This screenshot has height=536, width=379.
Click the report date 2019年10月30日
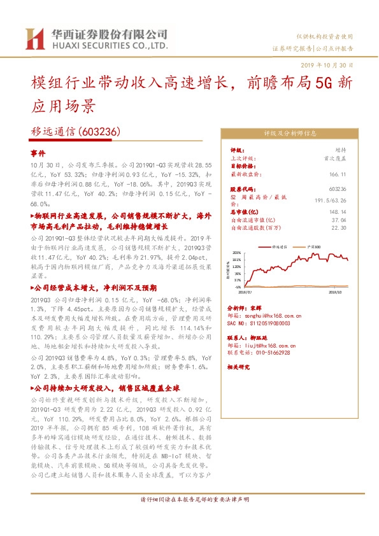pyautogui.click(x=325, y=65)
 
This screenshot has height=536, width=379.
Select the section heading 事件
pyautogui.click(x=38, y=154)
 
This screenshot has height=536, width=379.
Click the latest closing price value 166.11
pyautogui.click(x=339, y=174)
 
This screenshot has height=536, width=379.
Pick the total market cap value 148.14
pyautogui.click(x=339, y=212)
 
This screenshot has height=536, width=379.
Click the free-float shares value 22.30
pyautogui.click(x=340, y=226)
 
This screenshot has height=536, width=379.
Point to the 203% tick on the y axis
pyautogui.click(x=237, y=253)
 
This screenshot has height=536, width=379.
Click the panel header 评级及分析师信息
pyautogui.click(x=290, y=134)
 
